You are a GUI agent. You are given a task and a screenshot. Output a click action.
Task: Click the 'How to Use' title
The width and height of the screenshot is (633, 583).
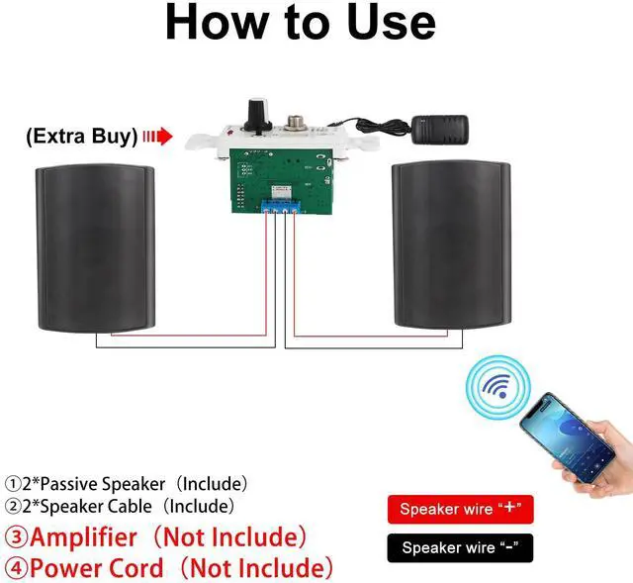click(x=301, y=22)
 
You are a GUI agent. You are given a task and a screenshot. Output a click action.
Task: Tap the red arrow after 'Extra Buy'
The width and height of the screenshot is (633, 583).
click(x=158, y=137)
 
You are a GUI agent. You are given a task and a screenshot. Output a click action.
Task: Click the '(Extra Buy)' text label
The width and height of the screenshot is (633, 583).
click(x=82, y=137)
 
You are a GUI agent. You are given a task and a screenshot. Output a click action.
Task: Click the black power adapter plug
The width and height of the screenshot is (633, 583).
click(x=439, y=130)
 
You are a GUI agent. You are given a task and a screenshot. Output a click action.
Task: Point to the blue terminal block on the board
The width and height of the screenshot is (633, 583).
click(x=281, y=207)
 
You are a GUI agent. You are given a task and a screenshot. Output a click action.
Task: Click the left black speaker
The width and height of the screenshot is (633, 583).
click(x=95, y=248)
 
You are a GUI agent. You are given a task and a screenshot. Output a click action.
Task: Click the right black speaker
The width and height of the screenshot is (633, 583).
click(x=451, y=244)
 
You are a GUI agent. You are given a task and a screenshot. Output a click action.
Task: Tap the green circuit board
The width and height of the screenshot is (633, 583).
click(x=282, y=180)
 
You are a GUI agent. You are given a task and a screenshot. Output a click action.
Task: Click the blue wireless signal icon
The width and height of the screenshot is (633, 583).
click(x=497, y=387)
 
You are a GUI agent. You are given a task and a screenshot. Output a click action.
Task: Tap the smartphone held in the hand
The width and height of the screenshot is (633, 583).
click(x=567, y=437)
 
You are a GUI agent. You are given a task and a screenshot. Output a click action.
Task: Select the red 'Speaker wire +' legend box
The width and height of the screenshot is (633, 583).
click(x=460, y=509)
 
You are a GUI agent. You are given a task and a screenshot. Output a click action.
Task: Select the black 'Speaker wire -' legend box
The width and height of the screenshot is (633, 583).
click(x=460, y=547)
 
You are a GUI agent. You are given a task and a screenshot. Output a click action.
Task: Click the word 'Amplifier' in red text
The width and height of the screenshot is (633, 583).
click(x=83, y=537)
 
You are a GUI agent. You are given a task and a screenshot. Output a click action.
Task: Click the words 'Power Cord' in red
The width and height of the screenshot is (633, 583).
click(x=97, y=567)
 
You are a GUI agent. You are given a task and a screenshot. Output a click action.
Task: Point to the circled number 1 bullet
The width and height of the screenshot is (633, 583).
click(x=13, y=484)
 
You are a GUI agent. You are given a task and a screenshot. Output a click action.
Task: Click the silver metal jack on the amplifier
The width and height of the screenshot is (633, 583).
click(x=292, y=123)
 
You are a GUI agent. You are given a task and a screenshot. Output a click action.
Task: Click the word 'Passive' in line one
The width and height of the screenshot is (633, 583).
click(x=69, y=484)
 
